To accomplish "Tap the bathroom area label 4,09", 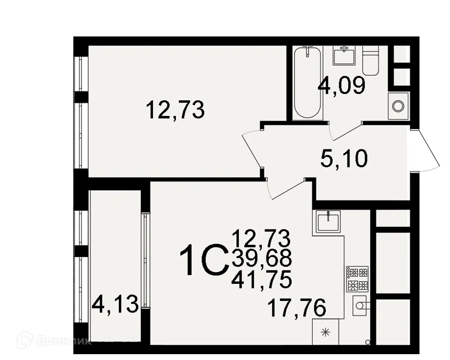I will pos(341,85).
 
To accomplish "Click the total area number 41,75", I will pos(261,280).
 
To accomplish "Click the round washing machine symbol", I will pos(398,106).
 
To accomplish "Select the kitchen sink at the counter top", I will pos(328,221).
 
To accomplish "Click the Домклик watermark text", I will pos(72,341).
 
